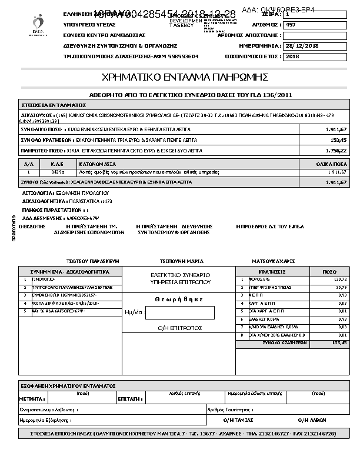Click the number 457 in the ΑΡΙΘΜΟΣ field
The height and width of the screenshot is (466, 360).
click(x=291, y=25)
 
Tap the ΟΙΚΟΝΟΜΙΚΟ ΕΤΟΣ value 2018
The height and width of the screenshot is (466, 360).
click(x=292, y=56)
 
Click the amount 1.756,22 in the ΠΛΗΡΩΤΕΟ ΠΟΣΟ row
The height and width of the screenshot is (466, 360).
click(x=335, y=151)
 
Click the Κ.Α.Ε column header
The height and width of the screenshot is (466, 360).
click(x=57, y=164)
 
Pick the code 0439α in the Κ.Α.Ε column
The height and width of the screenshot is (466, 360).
click(x=58, y=172)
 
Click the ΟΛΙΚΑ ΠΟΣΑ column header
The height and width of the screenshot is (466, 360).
click(x=334, y=164)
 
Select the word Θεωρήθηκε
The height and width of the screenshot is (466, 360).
click(x=180, y=299)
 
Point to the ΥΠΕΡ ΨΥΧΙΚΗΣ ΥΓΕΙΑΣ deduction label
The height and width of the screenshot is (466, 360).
click(x=260, y=288)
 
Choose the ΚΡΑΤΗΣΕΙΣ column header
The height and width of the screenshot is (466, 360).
click(x=271, y=271)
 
